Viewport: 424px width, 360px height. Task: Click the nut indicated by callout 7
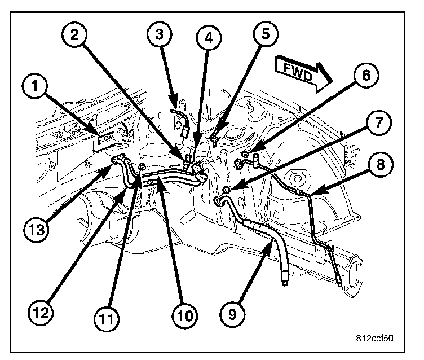(227, 190)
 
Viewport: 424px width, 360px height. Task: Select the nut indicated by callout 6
(245, 154)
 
